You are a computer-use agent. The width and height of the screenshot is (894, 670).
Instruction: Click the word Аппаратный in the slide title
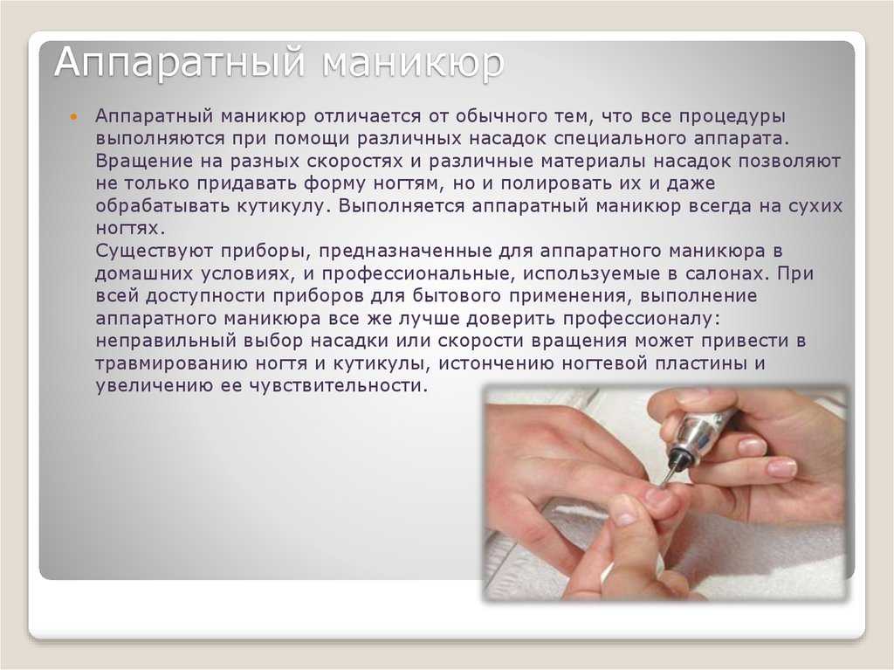pos(180,63)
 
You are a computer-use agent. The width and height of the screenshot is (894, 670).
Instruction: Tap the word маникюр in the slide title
pos(413,63)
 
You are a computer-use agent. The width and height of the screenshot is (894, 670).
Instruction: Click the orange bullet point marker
pos(72,117)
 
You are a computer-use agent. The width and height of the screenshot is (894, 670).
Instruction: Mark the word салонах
pos(725,274)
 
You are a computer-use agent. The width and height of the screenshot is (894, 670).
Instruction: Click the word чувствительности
pos(338,386)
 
